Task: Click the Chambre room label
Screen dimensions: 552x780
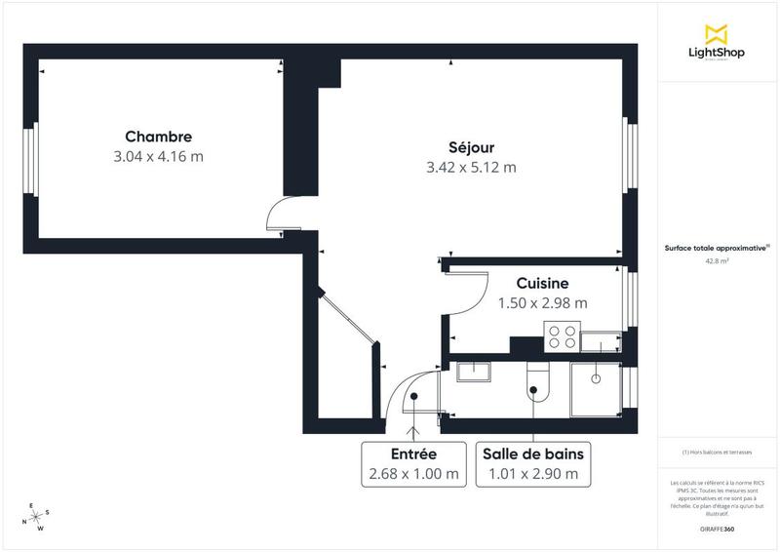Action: [x=158, y=137]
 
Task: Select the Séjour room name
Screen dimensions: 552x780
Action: [x=471, y=147]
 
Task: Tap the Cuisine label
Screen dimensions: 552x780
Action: [x=542, y=283]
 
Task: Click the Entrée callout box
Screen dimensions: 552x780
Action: [x=413, y=464]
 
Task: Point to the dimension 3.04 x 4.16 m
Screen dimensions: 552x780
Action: [x=158, y=156]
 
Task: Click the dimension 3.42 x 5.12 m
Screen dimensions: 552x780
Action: [x=471, y=167]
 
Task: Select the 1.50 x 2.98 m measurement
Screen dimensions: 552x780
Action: [x=542, y=302]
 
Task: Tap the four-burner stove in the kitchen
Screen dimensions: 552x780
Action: [x=562, y=336]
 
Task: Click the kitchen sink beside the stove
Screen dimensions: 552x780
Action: [x=601, y=340]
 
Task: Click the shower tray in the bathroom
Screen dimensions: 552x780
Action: [x=596, y=390]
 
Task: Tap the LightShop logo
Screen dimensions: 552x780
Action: [x=718, y=43]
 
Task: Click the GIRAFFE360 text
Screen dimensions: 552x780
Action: [x=717, y=529]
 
